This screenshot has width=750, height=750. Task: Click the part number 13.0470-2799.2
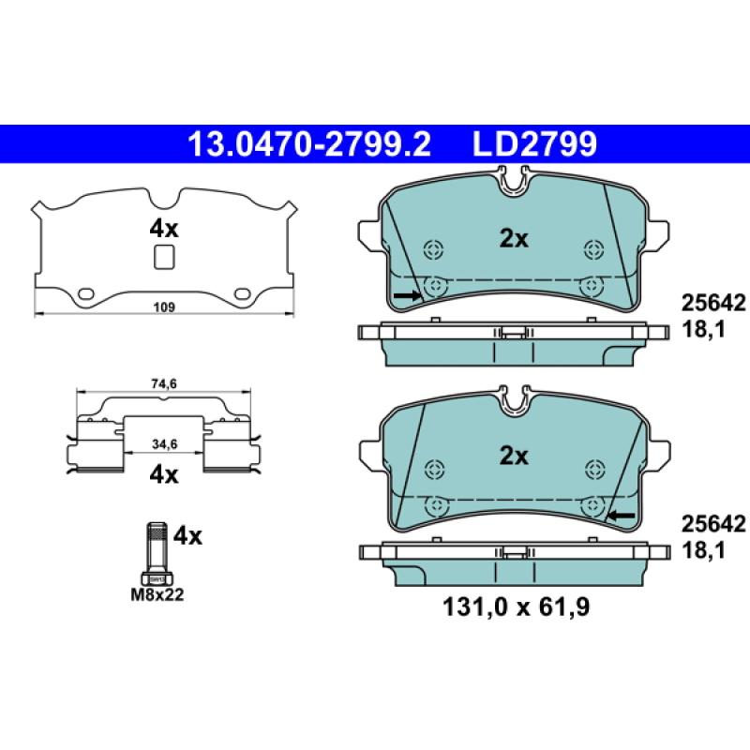point(309,144)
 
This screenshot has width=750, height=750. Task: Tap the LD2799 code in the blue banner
point(534,144)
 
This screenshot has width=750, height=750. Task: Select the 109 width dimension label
point(164,307)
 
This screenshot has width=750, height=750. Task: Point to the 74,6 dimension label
point(165,383)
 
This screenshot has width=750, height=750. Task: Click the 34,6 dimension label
point(165,444)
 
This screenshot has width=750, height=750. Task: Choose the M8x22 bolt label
point(157,594)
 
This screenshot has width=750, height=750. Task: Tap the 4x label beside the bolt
point(187,536)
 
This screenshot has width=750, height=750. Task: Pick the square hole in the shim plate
point(164,257)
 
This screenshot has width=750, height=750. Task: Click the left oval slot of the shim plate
point(85,293)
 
